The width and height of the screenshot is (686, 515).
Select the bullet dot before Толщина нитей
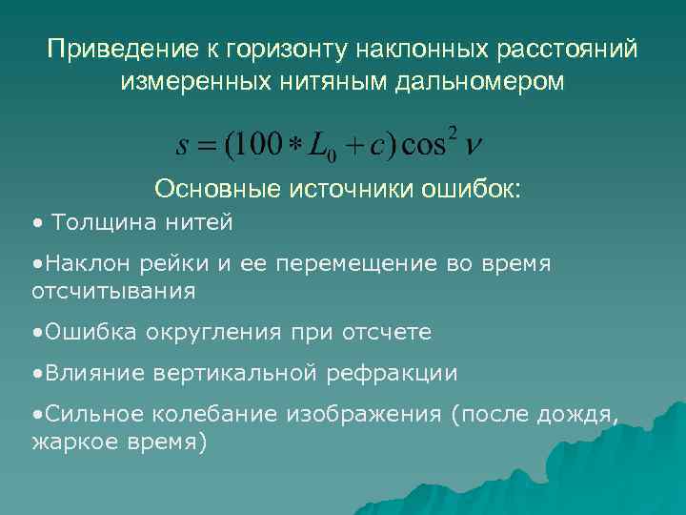(x=35, y=224)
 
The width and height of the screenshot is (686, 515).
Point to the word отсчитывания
(x=113, y=291)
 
